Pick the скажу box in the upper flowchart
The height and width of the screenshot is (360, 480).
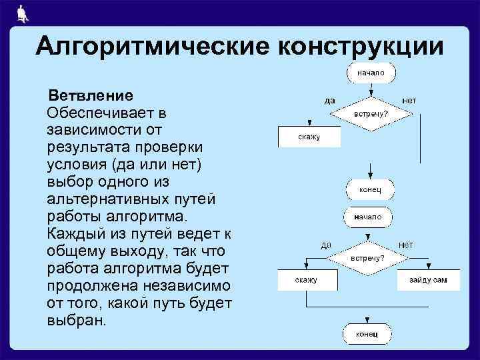309,137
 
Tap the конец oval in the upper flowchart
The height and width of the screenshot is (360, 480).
369,189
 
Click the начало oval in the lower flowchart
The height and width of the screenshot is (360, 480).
368,217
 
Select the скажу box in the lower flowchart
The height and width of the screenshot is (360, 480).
307,280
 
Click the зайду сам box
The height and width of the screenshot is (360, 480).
429,280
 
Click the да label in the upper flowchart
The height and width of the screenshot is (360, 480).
329,101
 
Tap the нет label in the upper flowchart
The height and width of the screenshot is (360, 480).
409,100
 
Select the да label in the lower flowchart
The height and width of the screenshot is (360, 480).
326,245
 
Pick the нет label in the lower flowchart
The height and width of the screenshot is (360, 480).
406,245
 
